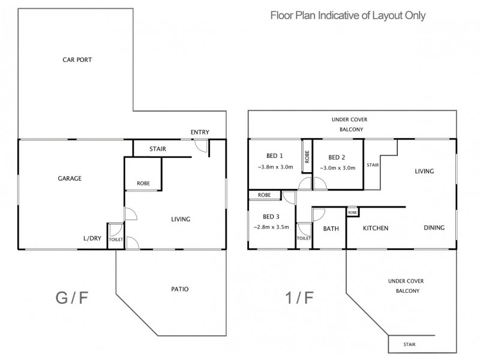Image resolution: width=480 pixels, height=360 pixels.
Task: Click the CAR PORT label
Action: point(76,60)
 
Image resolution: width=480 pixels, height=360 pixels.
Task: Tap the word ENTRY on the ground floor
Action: point(200,132)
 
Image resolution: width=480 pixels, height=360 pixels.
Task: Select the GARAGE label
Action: point(70,178)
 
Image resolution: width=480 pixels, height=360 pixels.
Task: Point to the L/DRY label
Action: point(92,238)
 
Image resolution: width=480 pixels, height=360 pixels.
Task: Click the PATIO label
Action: point(179,289)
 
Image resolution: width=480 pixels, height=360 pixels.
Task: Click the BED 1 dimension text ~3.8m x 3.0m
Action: point(275,168)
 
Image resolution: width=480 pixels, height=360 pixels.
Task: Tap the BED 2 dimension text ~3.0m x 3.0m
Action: point(338,168)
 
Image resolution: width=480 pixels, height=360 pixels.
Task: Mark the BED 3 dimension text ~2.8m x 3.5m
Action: point(271,227)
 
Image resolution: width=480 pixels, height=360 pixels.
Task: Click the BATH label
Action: point(331,228)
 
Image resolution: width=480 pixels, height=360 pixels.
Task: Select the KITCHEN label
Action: point(376,228)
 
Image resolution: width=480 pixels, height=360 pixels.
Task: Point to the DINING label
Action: point(434,227)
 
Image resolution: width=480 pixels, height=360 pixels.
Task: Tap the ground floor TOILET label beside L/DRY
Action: point(115,239)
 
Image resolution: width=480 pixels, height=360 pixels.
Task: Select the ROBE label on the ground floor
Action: point(143,183)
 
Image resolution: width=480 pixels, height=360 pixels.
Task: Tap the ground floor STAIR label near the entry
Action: point(158,149)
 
